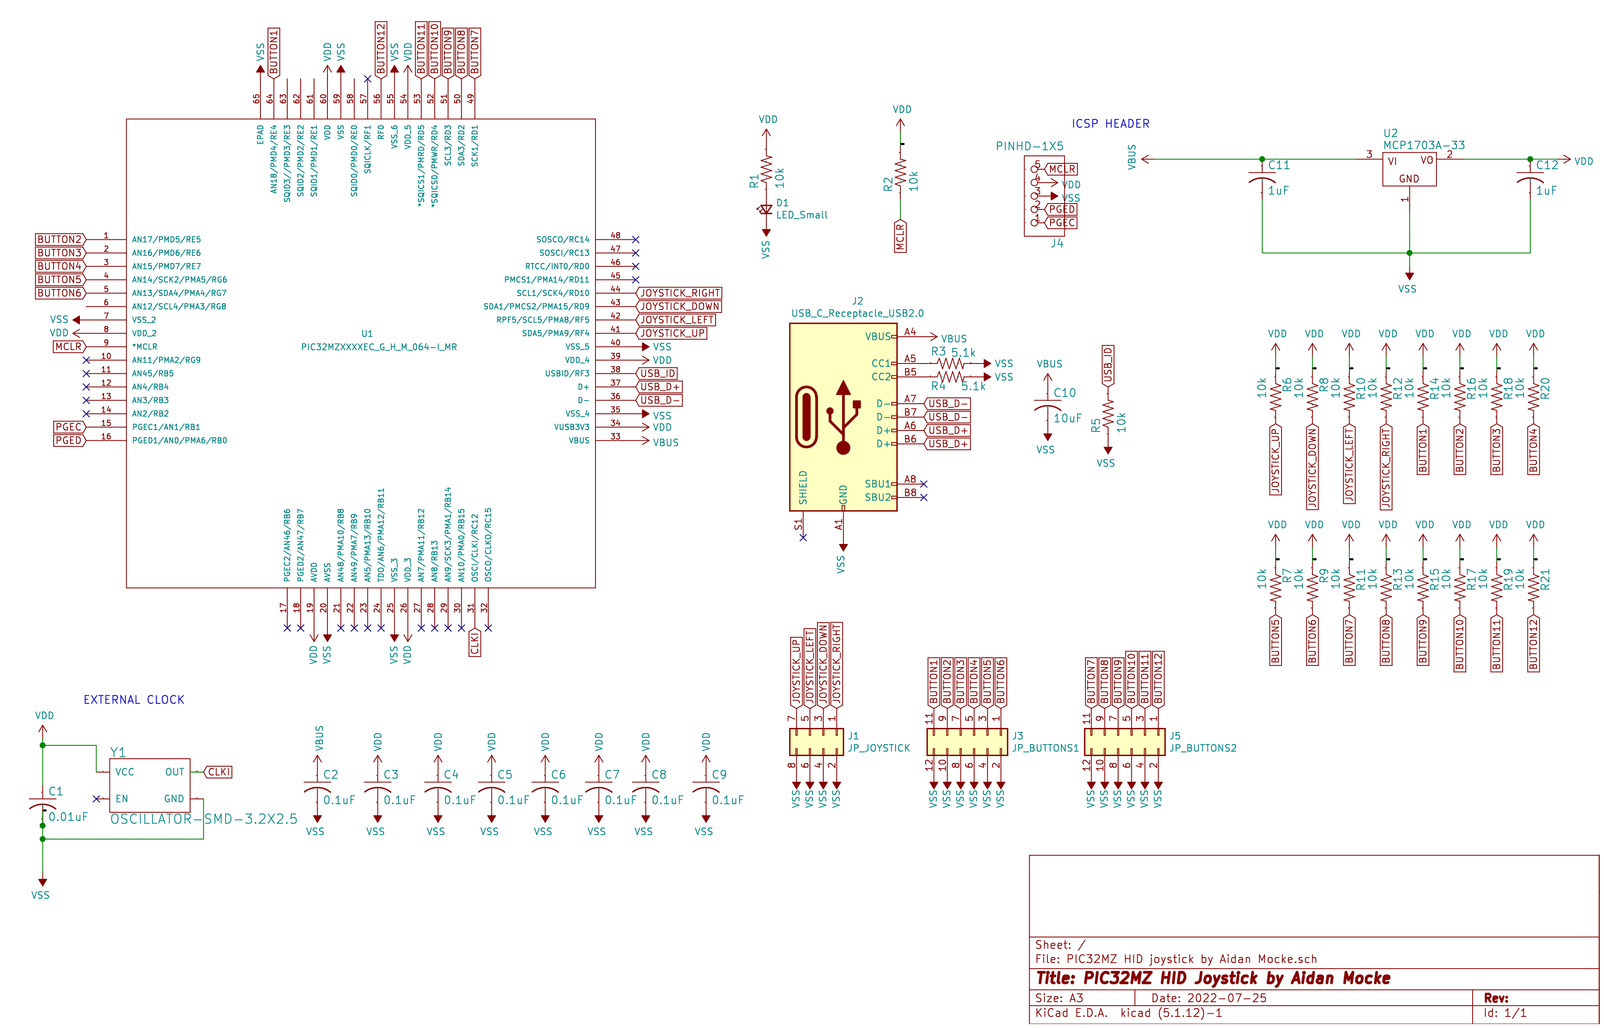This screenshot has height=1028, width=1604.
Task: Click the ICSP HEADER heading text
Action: pyautogui.click(x=1110, y=124)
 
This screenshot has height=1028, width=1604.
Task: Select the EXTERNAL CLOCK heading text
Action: pyautogui.click(x=134, y=700)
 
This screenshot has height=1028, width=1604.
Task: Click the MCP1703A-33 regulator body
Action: pyautogui.click(x=1408, y=169)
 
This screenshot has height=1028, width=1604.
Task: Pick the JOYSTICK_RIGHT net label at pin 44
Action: pyautogui.click(x=679, y=293)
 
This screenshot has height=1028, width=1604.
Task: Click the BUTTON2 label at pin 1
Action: pyautogui.click(x=59, y=239)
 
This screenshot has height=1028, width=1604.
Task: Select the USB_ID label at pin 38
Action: pyautogui.click(x=658, y=373)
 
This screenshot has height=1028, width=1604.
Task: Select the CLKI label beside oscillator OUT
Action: pyautogui.click(x=219, y=772)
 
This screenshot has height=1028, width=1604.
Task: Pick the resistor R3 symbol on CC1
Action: pyautogui.click(x=950, y=364)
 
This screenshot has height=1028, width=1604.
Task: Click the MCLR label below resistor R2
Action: pyautogui.click(x=900, y=237)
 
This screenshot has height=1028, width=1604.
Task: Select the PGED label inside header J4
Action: pyautogui.click(x=1061, y=209)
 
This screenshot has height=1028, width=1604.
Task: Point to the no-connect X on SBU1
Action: pyautogui.click(x=923, y=484)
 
